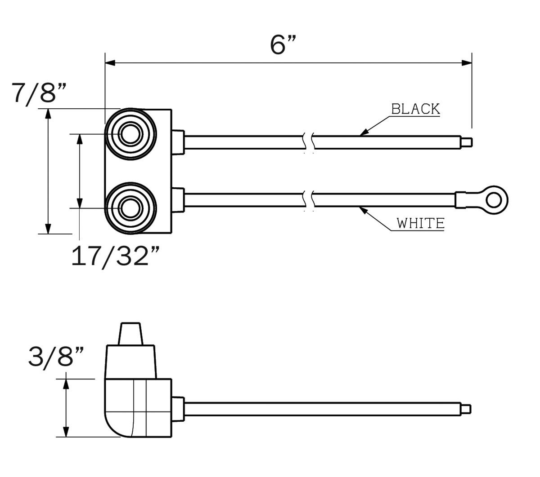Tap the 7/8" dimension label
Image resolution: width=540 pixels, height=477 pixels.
(x=40, y=93)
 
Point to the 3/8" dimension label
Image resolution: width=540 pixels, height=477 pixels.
(x=56, y=356)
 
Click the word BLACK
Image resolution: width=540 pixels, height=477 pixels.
(x=415, y=109)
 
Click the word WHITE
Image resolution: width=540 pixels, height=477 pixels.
(x=420, y=223)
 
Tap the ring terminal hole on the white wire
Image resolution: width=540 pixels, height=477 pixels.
(x=496, y=198)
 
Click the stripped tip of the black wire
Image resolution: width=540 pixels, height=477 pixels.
(x=468, y=142)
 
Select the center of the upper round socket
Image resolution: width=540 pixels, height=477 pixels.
(x=130, y=134)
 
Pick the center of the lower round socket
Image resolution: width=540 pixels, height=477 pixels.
(x=130, y=208)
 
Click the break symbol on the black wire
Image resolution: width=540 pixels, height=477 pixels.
(x=309, y=142)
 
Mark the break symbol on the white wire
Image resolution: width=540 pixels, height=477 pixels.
(x=309, y=200)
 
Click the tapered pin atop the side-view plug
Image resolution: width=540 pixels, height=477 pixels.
(x=130, y=333)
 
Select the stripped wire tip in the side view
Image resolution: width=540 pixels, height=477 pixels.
(x=467, y=409)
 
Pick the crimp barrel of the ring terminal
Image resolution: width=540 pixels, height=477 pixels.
(x=466, y=200)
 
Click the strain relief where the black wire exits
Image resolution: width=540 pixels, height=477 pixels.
(x=178, y=142)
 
